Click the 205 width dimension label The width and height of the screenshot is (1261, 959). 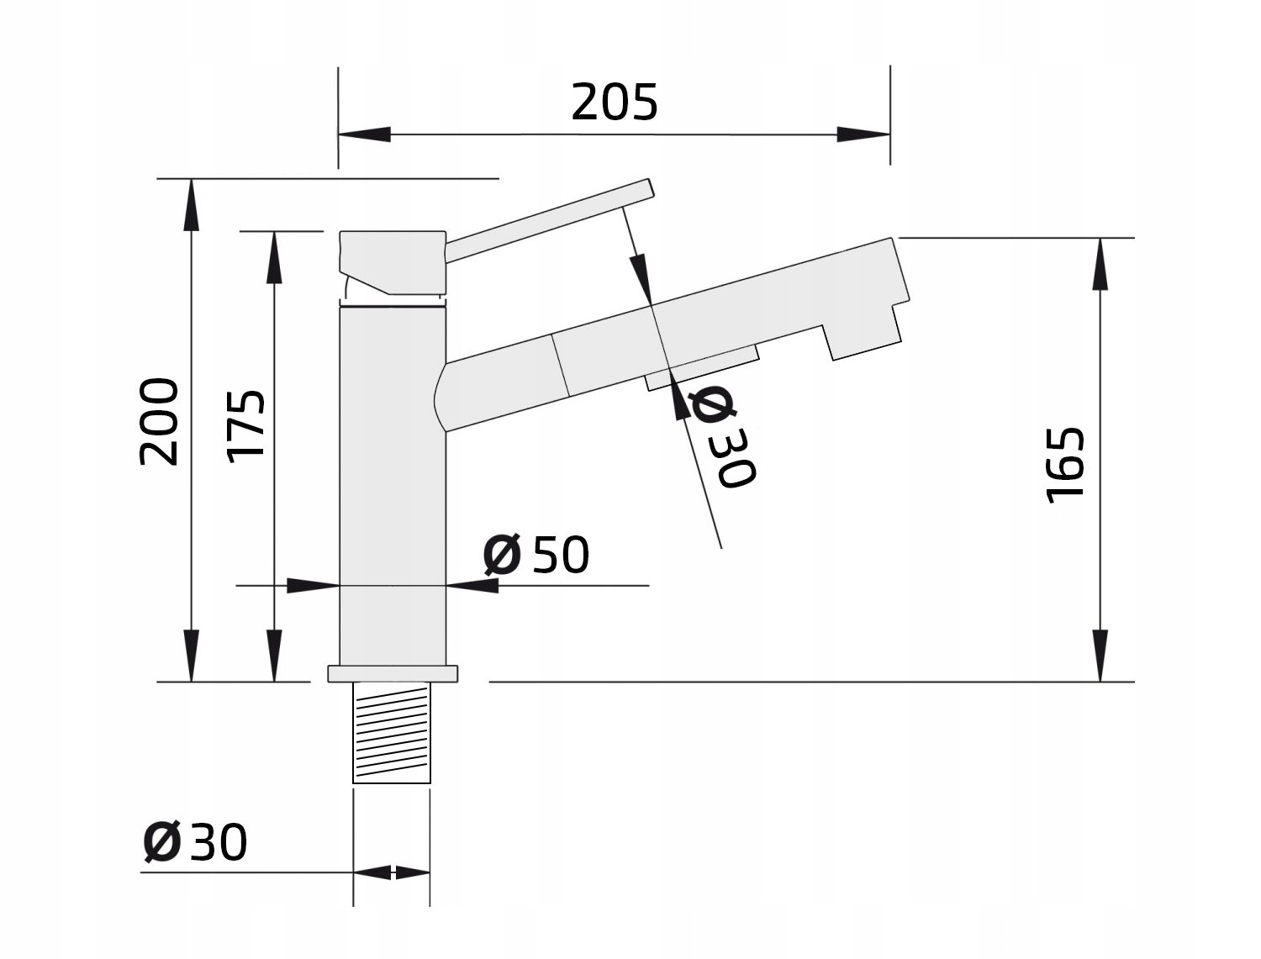click(615, 103)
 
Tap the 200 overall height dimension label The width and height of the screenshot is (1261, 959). click(159, 421)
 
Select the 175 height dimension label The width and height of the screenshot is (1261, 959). click(245, 426)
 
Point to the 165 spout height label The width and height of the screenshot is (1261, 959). click(1064, 465)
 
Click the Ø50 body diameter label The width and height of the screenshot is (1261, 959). click(536, 554)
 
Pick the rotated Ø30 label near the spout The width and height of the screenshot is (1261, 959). click(722, 436)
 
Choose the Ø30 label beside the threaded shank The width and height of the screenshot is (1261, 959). click(195, 842)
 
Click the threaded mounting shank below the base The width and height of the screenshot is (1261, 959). click(392, 732)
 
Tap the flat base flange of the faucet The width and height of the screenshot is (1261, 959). click(393, 673)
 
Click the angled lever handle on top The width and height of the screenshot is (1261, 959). click(551, 220)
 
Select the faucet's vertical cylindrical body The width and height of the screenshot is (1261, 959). click(393, 486)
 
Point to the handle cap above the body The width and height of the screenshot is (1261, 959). click(393, 262)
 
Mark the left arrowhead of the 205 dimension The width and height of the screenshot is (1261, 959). click(364, 134)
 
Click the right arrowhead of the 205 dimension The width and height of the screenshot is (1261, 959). click(863, 134)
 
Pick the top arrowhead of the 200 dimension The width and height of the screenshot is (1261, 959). click(192, 205)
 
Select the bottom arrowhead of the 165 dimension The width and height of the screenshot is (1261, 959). click(1100, 656)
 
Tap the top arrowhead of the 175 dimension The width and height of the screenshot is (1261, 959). click(275, 257)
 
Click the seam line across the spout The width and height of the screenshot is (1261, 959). click(561, 365)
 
